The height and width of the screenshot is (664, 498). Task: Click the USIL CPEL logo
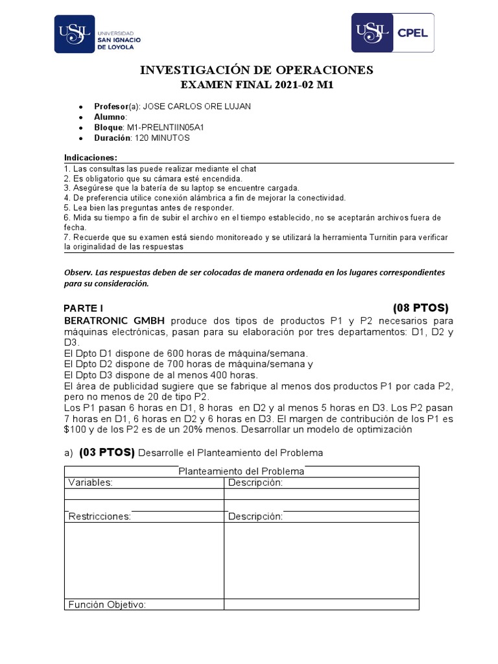tap(392, 32)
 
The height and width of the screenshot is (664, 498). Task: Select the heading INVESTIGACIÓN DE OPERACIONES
tap(257, 70)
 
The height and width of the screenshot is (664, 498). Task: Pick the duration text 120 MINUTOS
tap(162, 138)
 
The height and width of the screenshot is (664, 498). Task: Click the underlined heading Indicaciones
tap(91, 158)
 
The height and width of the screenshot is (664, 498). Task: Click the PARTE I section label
tap(84, 308)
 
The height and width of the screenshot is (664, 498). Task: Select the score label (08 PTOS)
tap(420, 307)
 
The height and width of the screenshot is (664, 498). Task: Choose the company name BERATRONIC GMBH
tap(114, 321)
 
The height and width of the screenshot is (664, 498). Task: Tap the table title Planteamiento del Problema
tap(241, 471)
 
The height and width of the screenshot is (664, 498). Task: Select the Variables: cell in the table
tap(90, 482)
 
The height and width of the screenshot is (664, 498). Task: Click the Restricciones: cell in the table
tap(99, 516)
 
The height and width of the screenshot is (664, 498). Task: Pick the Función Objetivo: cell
tap(107, 604)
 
